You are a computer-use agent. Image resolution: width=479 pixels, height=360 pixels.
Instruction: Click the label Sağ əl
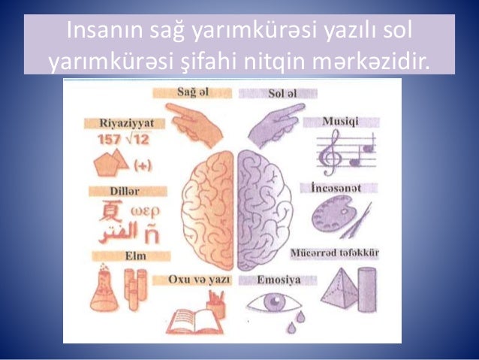192,92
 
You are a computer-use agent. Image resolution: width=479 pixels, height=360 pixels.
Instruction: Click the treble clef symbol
329,154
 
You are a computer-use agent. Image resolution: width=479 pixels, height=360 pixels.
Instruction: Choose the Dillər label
118,191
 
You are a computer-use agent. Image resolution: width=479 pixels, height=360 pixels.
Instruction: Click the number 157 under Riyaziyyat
110,140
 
